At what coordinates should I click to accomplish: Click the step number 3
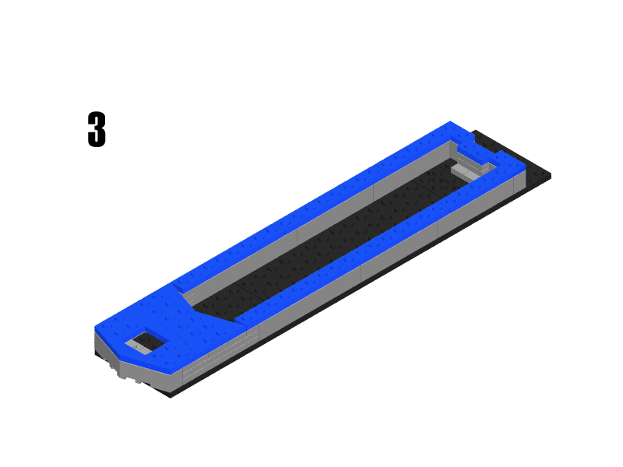point(96,130)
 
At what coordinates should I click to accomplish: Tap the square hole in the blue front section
point(146,342)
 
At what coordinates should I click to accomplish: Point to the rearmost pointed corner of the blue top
point(450,123)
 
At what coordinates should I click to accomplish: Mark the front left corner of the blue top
point(97,327)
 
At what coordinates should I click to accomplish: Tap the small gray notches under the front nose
point(125,374)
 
